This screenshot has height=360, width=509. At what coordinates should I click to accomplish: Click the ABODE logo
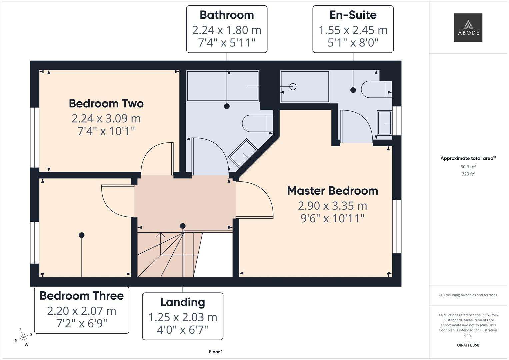468,27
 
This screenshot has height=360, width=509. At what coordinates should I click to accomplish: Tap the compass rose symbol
23,337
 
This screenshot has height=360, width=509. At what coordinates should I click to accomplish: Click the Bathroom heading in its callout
227,15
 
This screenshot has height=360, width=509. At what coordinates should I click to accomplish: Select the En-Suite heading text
353,15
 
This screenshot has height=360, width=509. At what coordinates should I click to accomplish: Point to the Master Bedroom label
332,191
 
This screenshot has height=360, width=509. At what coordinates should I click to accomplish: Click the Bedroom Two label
106,103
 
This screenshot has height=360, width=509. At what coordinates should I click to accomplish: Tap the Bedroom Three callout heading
82,296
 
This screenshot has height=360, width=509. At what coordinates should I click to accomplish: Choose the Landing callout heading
183,302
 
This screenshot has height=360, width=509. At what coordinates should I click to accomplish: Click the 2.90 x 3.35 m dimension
332,206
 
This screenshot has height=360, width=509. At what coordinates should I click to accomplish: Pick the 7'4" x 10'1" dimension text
106,131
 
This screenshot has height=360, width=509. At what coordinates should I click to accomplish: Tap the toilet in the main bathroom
257,123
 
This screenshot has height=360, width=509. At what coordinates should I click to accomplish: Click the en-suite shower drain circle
293,87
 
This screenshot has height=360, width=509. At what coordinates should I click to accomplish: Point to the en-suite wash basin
384,123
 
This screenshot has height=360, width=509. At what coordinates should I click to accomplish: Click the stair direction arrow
160,244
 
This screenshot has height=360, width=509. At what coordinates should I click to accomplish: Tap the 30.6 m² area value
468,167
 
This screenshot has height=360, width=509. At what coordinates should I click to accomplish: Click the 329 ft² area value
468,174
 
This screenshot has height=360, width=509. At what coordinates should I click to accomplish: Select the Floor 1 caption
216,352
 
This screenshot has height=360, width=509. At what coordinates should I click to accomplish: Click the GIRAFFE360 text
468,345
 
